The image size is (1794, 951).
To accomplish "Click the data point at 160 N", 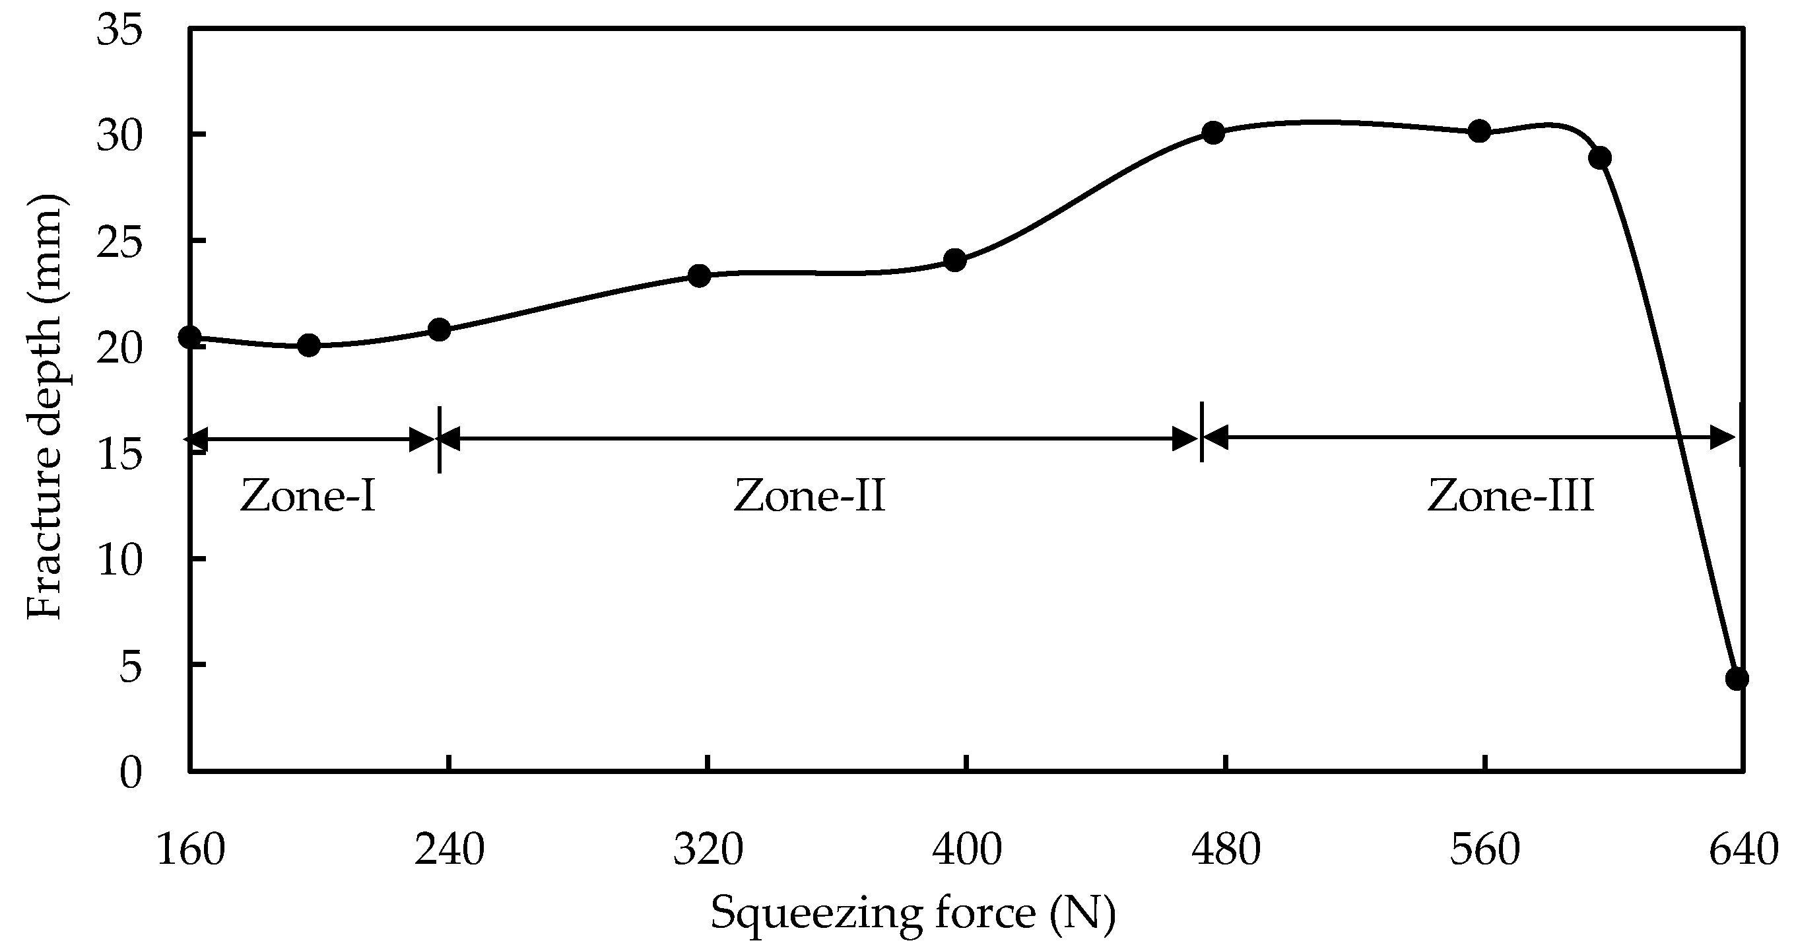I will tap(189, 337).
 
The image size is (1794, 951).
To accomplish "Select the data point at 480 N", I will tap(1213, 132).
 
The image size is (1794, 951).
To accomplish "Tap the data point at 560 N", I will tap(1479, 131).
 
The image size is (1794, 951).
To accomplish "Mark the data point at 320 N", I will tap(699, 276).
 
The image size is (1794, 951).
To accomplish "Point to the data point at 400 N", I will tap(955, 261).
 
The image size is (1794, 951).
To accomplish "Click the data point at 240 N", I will tap(440, 330).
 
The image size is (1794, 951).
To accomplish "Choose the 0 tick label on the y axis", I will tap(130, 773).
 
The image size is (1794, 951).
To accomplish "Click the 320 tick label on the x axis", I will tap(708, 851).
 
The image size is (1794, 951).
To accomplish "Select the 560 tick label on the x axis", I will tap(1485, 851).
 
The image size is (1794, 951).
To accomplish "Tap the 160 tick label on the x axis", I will tap(191, 851).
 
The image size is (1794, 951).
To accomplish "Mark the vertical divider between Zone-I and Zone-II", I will tap(440, 439).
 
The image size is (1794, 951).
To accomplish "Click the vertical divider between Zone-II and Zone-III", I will tap(1201, 432).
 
